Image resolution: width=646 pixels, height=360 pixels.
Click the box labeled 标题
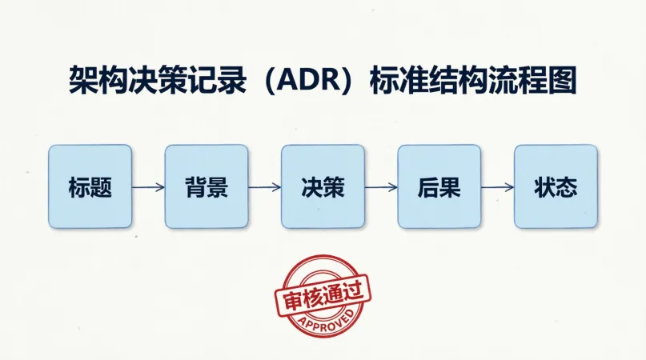tap(90, 186)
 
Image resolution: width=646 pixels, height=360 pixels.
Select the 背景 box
tap(207, 186)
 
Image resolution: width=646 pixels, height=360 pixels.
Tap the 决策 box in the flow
tap(323, 186)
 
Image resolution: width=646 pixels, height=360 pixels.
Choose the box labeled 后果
tap(439, 186)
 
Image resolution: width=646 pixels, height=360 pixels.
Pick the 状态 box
tap(556, 186)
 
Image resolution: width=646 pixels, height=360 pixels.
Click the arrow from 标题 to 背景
tap(148, 187)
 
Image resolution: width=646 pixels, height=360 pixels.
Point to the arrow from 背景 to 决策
tap(264, 187)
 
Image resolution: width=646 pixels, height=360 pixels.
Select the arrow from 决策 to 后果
tap(381, 187)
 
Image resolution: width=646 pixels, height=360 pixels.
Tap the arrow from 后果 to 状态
tap(497, 187)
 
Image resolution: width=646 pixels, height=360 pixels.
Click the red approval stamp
tap(322, 297)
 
